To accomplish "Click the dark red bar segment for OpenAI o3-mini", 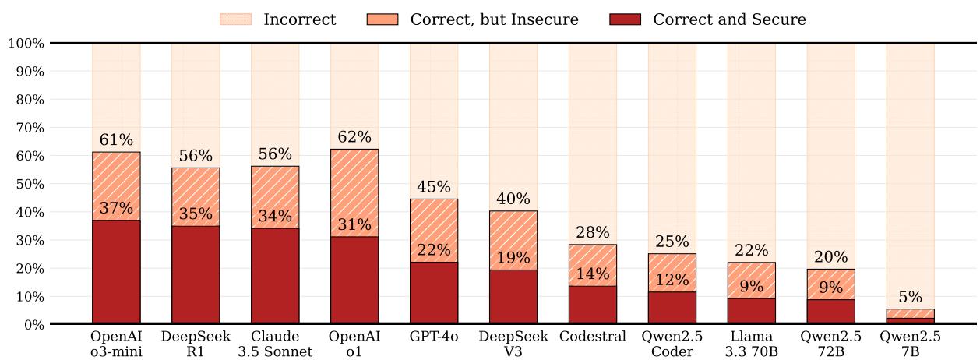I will click(x=116, y=272).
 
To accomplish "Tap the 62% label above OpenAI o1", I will click(x=354, y=138).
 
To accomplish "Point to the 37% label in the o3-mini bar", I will click(x=116, y=209).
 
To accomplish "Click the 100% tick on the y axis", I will click(x=26, y=43).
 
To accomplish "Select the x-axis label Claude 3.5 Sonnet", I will click(x=275, y=344).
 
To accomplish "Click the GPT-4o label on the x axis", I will click(x=434, y=337).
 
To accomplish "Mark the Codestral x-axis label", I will click(x=593, y=337).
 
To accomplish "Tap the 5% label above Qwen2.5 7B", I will click(x=910, y=297).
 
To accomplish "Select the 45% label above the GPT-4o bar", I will click(x=434, y=187).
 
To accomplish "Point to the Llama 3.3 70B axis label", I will click(x=752, y=344).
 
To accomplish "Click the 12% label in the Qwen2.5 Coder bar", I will click(x=672, y=280).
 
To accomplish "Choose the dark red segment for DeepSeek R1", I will click(x=196, y=275).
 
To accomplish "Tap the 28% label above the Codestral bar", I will click(x=593, y=233).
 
